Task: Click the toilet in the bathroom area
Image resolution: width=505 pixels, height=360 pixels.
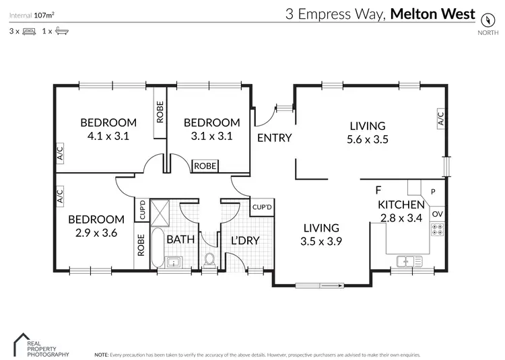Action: [209, 260]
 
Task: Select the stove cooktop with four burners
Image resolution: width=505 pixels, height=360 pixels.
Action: [438, 229]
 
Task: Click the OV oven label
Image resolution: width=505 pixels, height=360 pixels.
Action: [437, 214]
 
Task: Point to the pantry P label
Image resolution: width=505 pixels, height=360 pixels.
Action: [433, 192]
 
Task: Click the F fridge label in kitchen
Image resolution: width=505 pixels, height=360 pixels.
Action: [378, 190]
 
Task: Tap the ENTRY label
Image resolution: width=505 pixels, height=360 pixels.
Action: [275, 138]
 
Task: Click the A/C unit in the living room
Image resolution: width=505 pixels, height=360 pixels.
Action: [441, 119]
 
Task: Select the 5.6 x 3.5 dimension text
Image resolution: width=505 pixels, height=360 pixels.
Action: [368, 140]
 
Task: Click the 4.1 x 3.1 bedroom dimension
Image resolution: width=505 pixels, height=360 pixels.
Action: [108, 135]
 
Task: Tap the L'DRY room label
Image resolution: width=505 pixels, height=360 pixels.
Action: [245, 240]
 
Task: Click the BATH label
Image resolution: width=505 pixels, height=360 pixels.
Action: [180, 240]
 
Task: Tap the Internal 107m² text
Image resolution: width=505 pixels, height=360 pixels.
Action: [32, 13]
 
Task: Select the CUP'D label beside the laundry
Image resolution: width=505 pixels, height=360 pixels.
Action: [262, 207]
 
